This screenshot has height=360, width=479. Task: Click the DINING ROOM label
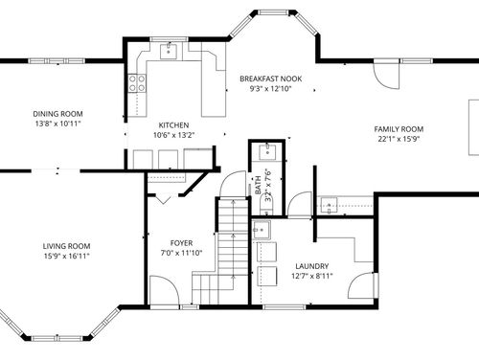pyautogui.click(x=57, y=114)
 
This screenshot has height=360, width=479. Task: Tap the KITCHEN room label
pyautogui.click(x=173, y=125)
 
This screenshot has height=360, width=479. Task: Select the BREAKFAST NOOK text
pyautogui.click(x=271, y=79)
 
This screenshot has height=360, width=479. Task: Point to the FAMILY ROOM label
pyautogui.click(x=399, y=129)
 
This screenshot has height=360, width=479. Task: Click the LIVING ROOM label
pyautogui.click(x=66, y=246)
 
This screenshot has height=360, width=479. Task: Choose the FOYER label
pyautogui.click(x=181, y=243)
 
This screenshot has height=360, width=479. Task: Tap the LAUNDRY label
pyautogui.click(x=312, y=266)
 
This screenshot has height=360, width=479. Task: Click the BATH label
pyautogui.click(x=259, y=185)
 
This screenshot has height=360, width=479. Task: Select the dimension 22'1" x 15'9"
pyautogui.click(x=399, y=139)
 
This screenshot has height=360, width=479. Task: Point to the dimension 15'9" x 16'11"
pyautogui.click(x=66, y=256)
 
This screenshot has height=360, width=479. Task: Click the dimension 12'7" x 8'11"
pyautogui.click(x=312, y=276)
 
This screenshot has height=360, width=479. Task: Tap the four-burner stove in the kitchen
pyautogui.click(x=137, y=83)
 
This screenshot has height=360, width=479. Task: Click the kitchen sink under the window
pyautogui.click(x=169, y=51)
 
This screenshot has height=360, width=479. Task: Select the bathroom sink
pyautogui.click(x=267, y=151)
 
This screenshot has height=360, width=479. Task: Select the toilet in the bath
pyautogui.click(x=266, y=206)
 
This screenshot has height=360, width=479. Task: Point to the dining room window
pyautogui.click(x=57, y=60)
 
